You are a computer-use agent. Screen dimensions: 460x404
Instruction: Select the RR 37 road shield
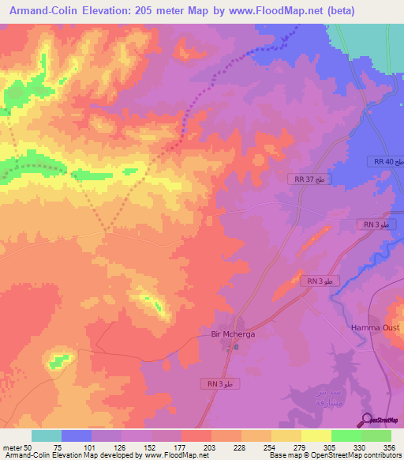309,179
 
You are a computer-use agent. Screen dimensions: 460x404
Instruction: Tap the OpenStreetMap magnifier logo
368,419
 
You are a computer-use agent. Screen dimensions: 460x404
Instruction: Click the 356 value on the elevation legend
388,447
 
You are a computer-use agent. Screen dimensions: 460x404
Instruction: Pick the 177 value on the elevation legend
179,447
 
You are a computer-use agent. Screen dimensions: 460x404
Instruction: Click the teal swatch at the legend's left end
47,435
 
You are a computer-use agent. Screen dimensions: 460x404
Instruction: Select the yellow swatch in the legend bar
316,435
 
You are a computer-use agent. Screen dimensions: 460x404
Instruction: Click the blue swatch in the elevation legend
77,435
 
